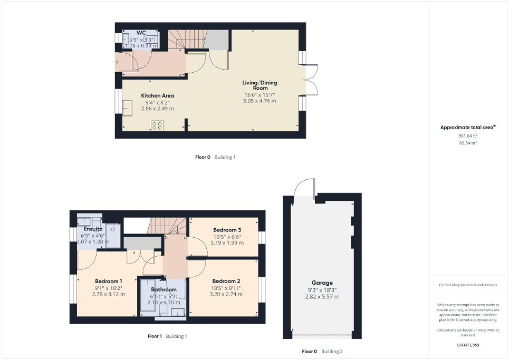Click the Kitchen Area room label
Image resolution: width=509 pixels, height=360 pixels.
pyautogui.click(x=157, y=95)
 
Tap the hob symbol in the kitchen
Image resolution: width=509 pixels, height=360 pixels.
pyautogui.click(x=157, y=125)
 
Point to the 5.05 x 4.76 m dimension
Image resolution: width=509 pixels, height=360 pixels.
pyautogui.click(x=260, y=101)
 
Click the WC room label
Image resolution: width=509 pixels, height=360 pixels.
pyautogui.click(x=141, y=33)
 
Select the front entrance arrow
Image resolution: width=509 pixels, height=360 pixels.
pyautogui.click(x=117, y=63)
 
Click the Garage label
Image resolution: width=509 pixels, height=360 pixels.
pyautogui.click(x=322, y=283)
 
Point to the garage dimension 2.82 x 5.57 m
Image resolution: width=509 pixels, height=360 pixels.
pyautogui.click(x=322, y=297)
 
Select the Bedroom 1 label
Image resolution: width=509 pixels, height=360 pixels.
pyautogui.click(x=109, y=281)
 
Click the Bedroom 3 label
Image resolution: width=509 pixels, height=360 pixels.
pyautogui.click(x=227, y=230)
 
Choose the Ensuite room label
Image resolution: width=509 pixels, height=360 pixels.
pyautogui.click(x=93, y=229)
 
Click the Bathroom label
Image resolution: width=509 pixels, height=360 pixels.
pyautogui.click(x=164, y=289)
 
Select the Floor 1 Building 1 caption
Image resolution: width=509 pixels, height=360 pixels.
pyautogui.click(x=168, y=336)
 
